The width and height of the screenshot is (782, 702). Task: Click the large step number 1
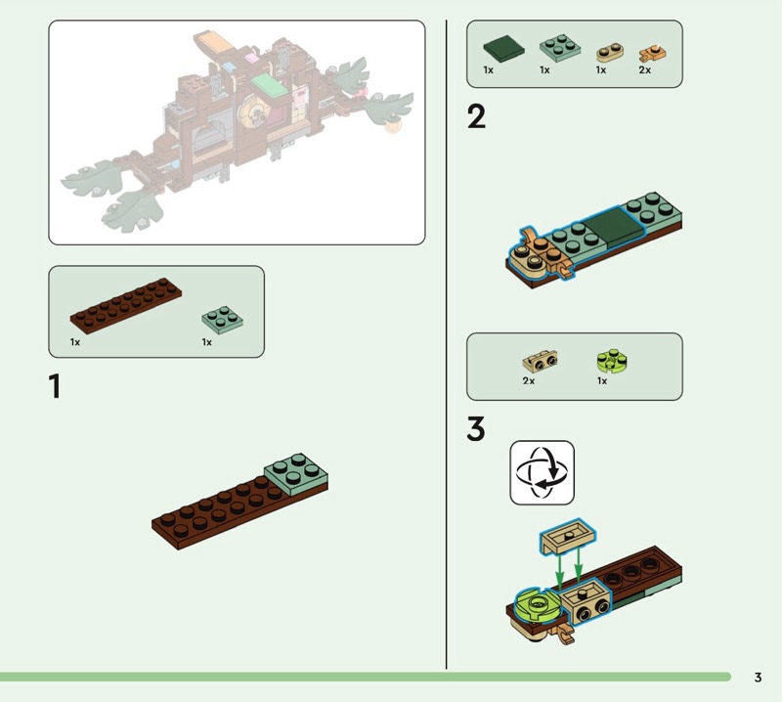point(55,386)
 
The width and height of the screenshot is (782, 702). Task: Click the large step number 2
point(476,116)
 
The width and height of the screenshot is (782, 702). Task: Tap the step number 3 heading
point(476,429)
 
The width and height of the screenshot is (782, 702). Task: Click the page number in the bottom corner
point(759,677)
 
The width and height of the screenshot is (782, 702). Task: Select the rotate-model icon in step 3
point(543,472)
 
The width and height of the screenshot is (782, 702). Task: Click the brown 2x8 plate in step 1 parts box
point(126,305)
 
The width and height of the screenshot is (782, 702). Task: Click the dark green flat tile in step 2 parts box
point(503,48)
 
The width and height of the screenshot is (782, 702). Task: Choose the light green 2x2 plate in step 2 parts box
point(560,48)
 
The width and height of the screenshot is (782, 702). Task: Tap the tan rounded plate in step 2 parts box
point(610,53)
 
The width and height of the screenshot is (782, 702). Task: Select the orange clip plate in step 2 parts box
point(653,53)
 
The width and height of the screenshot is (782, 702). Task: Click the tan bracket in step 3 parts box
point(541,361)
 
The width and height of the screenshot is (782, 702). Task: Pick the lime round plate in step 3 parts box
point(612,360)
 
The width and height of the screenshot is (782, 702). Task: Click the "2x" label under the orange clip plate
point(645,70)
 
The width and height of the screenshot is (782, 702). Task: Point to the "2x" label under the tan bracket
point(529,380)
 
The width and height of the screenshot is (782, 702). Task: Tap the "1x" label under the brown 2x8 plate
point(75,342)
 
